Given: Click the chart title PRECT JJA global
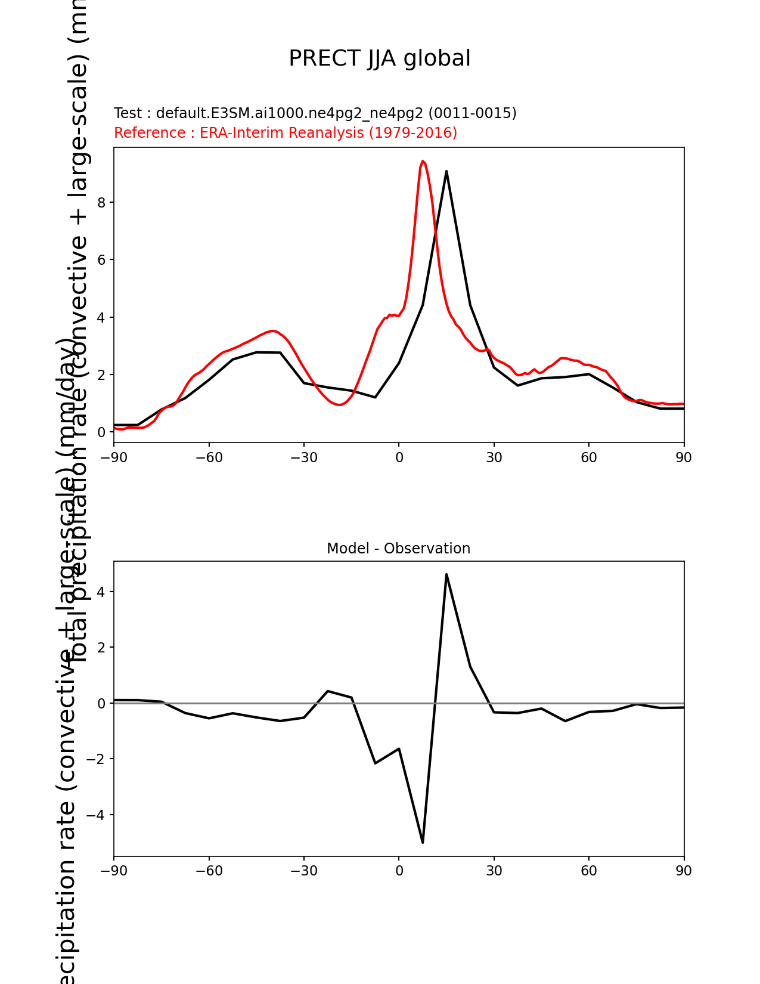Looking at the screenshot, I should pyautogui.click(x=380, y=58).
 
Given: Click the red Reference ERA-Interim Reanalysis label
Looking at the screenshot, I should pyautogui.click(x=285, y=132).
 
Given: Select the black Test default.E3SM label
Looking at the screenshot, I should pyautogui.click(x=315, y=113).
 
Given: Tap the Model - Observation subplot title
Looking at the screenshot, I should pyautogui.click(x=398, y=549).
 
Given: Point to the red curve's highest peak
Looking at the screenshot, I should pyautogui.click(x=423, y=161).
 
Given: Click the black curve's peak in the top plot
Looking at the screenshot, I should pyautogui.click(x=446, y=171).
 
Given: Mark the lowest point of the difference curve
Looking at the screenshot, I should pyautogui.click(x=423, y=842).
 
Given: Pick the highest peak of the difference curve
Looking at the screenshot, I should pyautogui.click(x=446, y=574).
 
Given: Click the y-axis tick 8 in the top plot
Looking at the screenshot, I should pyautogui.click(x=101, y=203).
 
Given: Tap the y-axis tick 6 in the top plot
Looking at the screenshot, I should pyautogui.click(x=101, y=260).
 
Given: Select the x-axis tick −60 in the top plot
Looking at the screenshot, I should pyautogui.click(x=209, y=457).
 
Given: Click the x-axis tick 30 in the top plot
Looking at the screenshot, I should pyautogui.click(x=494, y=457).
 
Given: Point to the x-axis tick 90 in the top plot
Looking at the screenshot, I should pyautogui.click(x=684, y=457).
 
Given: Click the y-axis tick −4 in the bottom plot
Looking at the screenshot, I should pyautogui.click(x=96, y=815).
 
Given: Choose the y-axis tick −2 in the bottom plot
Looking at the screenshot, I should pyautogui.click(x=96, y=759).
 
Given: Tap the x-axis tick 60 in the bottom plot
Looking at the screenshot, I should pyautogui.click(x=589, y=871).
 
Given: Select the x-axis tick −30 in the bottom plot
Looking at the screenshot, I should pyautogui.click(x=303, y=871).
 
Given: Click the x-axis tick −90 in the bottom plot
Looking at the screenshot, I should pyautogui.click(x=114, y=871).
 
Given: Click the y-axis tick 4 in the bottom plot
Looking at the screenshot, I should pyautogui.click(x=101, y=592).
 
